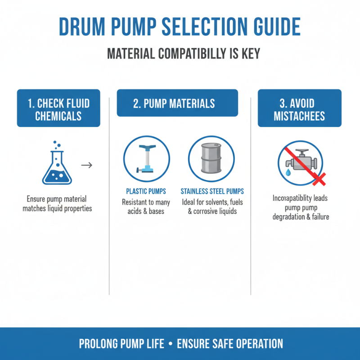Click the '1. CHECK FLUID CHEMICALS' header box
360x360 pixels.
tap(58, 108)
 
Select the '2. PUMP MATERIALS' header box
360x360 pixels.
tap(177, 103)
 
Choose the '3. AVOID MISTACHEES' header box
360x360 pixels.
tap(299, 108)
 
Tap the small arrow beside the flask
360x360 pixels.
tap(86, 165)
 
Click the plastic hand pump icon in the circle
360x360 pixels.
tap(146, 158)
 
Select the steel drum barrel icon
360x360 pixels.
tap(211, 159)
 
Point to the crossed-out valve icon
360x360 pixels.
tap(300, 162)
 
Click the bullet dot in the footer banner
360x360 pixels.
tap(170, 344)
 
